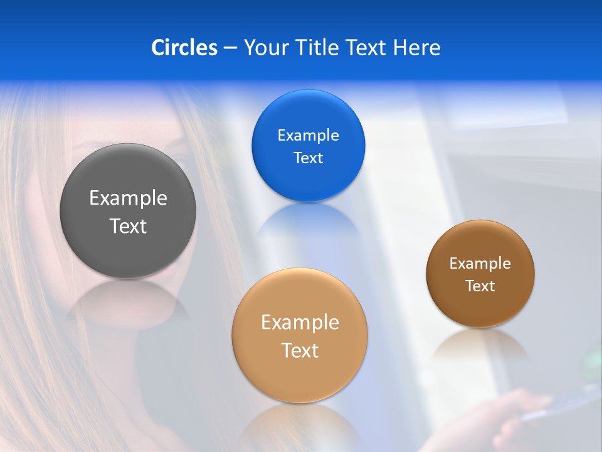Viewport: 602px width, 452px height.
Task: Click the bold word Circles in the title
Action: tap(184, 48)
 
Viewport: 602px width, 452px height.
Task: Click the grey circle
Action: tap(128, 211)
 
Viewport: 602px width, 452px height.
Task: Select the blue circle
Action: tap(308, 146)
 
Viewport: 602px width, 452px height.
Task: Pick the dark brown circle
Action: tap(480, 273)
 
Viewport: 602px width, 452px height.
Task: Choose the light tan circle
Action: tap(300, 335)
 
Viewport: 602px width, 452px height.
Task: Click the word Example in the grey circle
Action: tap(128, 198)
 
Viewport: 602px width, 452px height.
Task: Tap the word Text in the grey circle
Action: tap(128, 226)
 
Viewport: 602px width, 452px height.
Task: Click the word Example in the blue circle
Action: tap(308, 136)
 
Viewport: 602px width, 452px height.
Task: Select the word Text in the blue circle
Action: tap(308, 158)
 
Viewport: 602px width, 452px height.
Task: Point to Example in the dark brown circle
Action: tap(480, 264)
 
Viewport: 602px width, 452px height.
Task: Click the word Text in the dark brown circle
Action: tap(480, 286)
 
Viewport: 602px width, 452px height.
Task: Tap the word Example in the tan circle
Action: tap(300, 323)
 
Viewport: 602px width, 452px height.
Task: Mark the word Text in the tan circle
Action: tap(300, 350)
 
